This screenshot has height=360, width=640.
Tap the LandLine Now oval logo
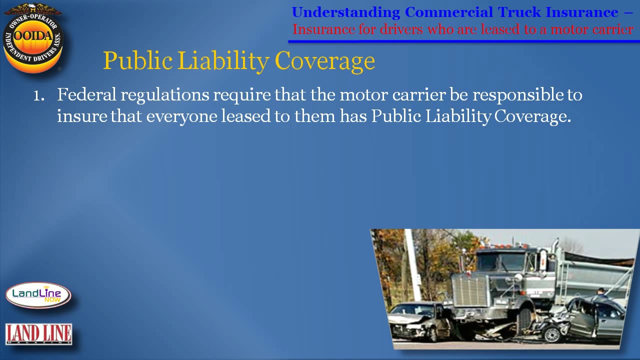38,295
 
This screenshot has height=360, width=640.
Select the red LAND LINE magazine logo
38,334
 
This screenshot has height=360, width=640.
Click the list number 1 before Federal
38,95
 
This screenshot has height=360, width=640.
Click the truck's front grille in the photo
469,290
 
